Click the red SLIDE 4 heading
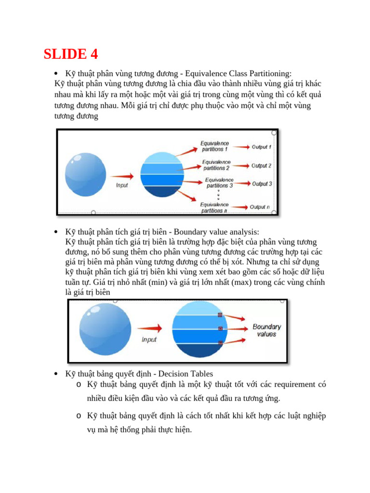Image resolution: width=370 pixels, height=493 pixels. [x=71, y=54]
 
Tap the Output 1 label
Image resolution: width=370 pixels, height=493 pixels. [x=262, y=147]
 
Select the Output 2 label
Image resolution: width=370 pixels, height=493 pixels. [x=262, y=166]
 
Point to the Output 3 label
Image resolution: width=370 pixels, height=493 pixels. [x=262, y=184]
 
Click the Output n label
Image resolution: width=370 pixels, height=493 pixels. [x=260, y=207]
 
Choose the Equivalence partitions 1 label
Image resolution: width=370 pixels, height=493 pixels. [x=215, y=146]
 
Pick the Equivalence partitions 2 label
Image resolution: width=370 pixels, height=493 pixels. [x=216, y=165]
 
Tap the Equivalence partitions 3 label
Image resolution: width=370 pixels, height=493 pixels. [x=219, y=182]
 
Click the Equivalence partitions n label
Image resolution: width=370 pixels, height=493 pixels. [x=214, y=208]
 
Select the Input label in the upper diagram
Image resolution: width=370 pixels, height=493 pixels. [x=122, y=185]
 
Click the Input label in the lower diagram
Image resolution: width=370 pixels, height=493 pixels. [x=149, y=339]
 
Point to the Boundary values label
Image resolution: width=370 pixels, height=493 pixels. [x=266, y=330]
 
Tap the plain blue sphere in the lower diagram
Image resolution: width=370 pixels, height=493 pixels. [x=104, y=329]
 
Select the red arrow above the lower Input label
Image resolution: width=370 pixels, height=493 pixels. [x=149, y=328]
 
